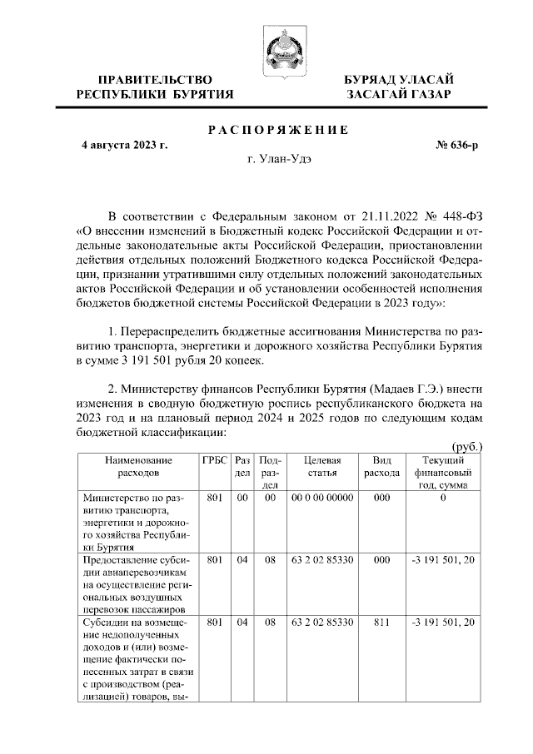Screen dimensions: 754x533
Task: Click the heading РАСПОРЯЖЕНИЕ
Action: tap(277, 130)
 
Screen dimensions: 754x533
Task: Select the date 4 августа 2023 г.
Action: tap(125, 145)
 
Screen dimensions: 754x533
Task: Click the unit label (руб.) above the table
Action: tap(466, 446)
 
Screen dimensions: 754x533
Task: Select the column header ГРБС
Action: tap(214, 460)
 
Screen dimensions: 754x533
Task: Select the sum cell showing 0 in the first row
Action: tap(443, 498)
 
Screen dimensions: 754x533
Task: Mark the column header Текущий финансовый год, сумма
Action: tap(443, 472)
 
